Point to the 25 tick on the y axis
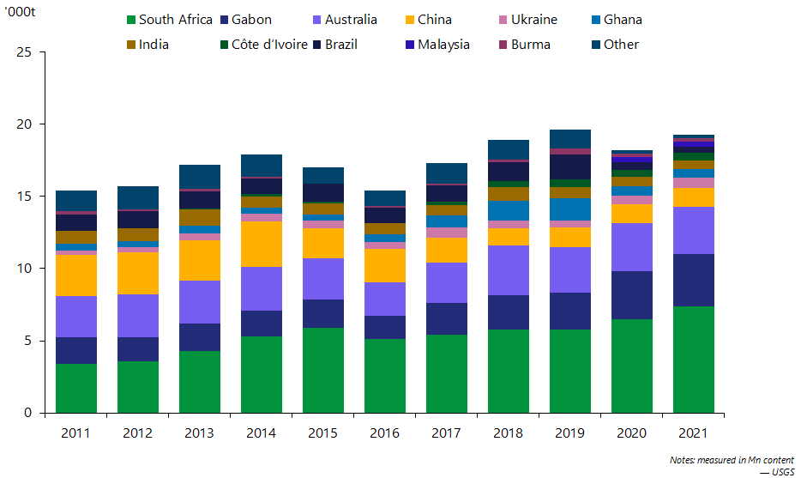pos(25,52)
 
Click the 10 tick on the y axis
pos(25,269)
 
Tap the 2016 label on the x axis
pos(384,433)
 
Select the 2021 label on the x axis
pos(693,433)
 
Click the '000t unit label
pos(19,15)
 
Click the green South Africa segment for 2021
pos(693,360)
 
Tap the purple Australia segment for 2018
pos(508,270)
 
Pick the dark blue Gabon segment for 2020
pos(631,295)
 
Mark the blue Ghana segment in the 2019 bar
pos(569,209)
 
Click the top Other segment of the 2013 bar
pos(199,177)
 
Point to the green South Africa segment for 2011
pos(75,388)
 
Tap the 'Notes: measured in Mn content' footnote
pos(732,460)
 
